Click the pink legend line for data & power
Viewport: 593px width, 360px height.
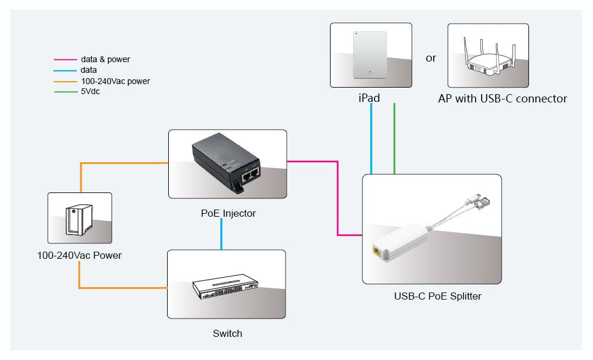tap(65, 60)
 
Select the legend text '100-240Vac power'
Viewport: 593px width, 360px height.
tap(116, 81)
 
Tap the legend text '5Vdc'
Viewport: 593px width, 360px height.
tap(90, 92)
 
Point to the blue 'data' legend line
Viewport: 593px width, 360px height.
tap(65, 70)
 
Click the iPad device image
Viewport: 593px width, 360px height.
tap(370, 55)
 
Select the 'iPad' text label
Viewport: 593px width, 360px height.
tap(370, 98)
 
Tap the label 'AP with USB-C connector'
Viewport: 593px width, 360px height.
tap(502, 99)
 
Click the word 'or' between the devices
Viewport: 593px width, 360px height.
tap(431, 58)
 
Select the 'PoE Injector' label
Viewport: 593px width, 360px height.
tap(228, 213)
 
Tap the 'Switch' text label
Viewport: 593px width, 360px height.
tap(227, 333)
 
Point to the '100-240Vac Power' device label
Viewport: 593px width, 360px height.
tap(79, 256)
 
